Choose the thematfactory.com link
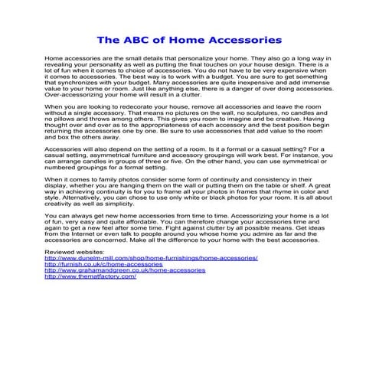[x=90, y=276]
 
